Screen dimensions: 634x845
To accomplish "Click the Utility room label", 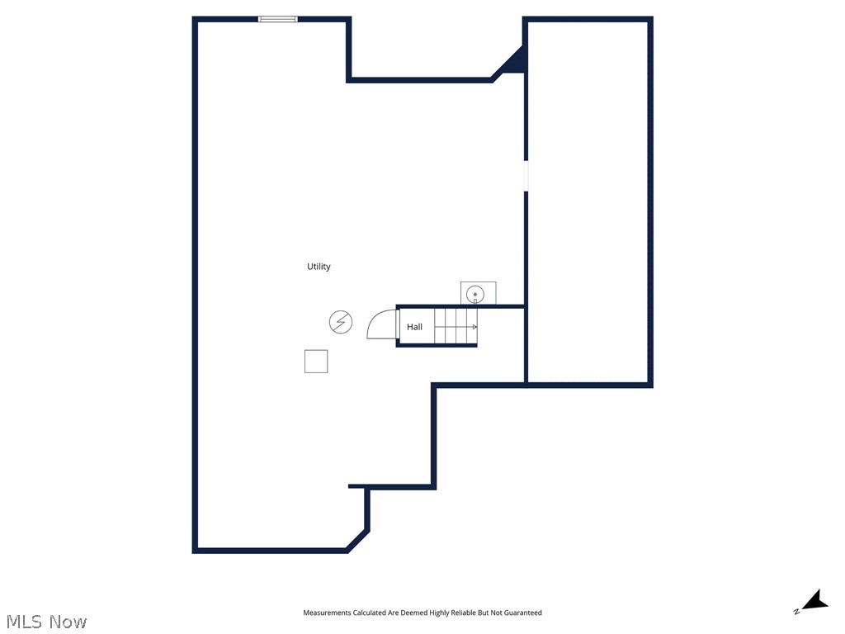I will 319,267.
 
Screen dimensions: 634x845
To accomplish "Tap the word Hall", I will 414,327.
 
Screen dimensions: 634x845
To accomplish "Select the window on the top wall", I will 278,18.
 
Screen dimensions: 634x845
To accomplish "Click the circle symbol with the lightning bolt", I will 341,322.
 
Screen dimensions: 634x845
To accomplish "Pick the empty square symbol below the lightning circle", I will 316,362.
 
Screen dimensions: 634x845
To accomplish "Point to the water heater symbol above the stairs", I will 478,293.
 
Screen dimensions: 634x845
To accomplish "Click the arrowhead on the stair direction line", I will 474,327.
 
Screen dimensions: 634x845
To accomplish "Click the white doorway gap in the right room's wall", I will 526,176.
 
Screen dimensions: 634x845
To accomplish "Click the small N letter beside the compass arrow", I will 796,612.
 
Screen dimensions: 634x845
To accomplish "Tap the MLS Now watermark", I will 46,622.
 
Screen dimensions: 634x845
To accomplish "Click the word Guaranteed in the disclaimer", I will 523,613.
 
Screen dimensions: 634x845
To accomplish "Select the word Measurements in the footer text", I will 327,613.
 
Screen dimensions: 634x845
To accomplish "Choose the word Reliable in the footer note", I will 460,613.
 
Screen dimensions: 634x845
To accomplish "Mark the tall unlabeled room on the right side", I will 588,202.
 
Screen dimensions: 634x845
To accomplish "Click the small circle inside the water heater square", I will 475,294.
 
